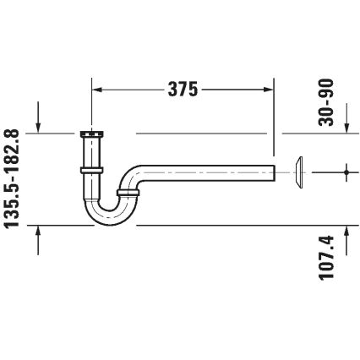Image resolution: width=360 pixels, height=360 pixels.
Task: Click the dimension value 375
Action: point(181,88)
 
